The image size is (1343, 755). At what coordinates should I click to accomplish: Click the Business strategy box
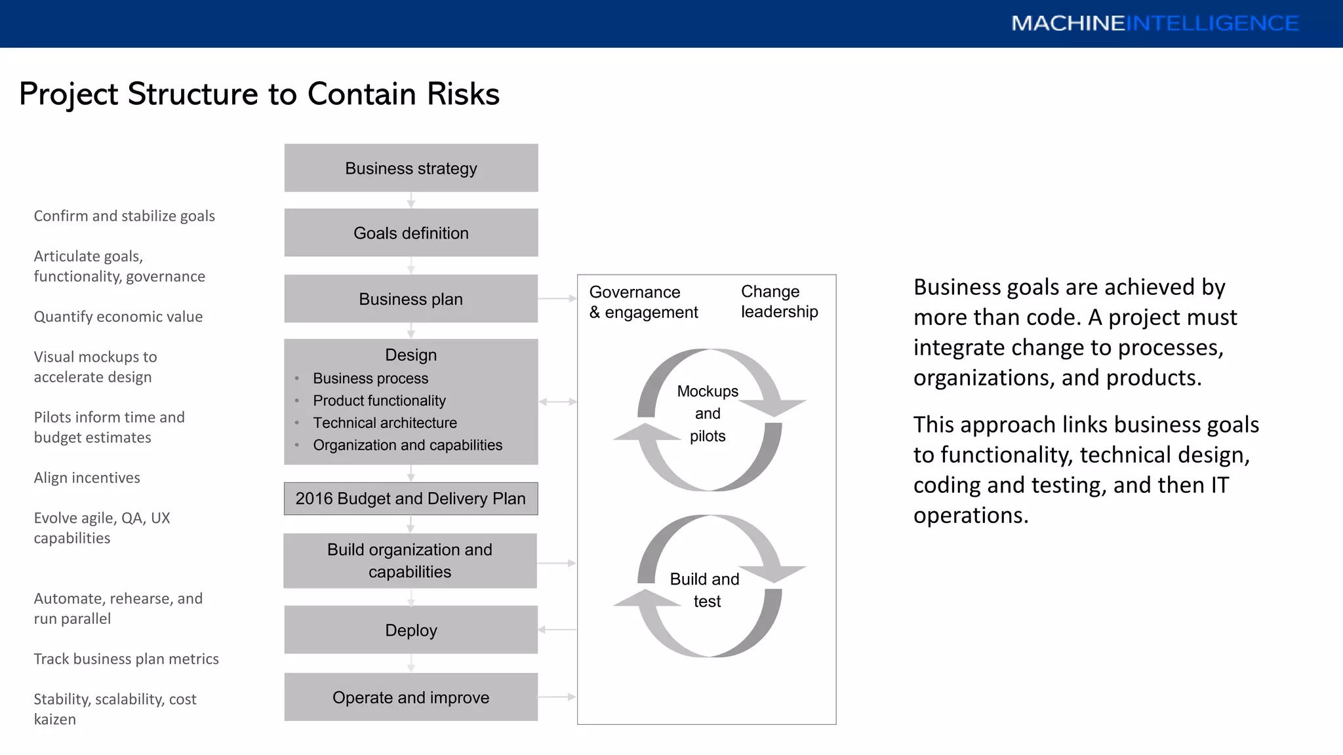coord(411,168)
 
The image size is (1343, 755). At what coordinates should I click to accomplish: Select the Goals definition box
coord(411,233)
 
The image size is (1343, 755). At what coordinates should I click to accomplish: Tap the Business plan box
coord(411,299)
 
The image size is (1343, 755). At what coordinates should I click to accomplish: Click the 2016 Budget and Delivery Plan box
coord(411,499)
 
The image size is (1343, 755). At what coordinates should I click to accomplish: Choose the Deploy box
coord(411,630)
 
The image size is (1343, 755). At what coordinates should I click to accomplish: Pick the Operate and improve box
coord(411,697)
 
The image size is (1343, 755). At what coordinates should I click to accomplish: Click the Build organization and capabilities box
coord(410,561)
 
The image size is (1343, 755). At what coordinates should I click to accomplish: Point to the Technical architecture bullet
coord(385,423)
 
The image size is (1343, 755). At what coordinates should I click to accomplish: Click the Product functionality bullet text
coord(379,400)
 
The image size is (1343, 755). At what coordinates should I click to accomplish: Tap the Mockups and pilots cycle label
coord(708,414)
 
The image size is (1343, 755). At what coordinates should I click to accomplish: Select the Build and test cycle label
coord(705,590)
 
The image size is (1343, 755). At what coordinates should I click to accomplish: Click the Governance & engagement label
coord(643,302)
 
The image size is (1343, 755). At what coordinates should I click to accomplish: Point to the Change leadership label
coord(779,301)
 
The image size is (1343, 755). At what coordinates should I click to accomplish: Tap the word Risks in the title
coord(463,94)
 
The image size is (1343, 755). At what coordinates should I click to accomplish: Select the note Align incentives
coord(87,478)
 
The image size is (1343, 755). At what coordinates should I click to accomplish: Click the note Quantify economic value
coord(118,317)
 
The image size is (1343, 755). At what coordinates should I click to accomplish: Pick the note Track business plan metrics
coord(126,659)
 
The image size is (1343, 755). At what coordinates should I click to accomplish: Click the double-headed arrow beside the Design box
coord(557,402)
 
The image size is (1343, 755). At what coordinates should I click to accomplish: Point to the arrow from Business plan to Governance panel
coord(557,299)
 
